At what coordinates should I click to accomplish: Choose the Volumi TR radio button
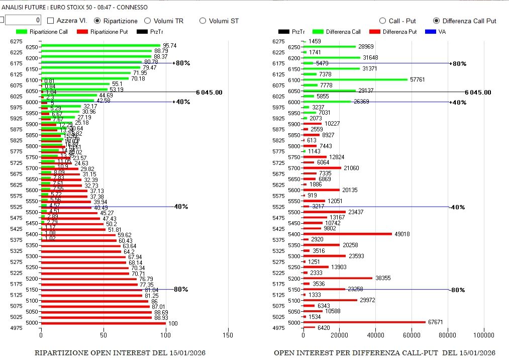(x=148, y=21)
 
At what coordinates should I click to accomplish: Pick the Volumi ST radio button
(x=203, y=21)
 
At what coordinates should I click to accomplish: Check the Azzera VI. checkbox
(x=51, y=21)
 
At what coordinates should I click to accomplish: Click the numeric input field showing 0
(x=23, y=20)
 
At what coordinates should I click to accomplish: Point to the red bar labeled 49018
(x=347, y=234)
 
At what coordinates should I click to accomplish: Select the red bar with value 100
(x=103, y=323)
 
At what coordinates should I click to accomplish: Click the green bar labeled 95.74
(x=100, y=46)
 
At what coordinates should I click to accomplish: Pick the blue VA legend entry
(x=435, y=32)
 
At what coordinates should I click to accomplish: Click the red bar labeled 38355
(x=338, y=278)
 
